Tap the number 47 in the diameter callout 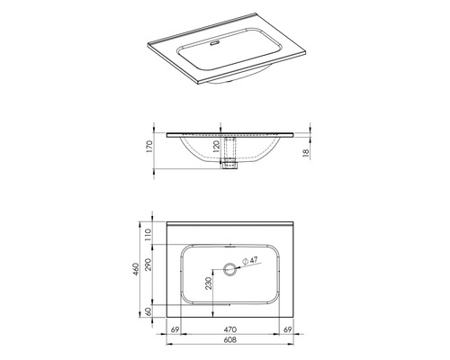(255, 260)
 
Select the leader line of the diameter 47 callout (241, 264)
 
